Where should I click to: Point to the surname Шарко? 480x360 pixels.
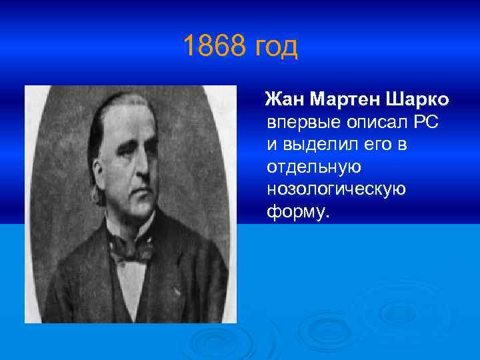pyautogui.click(x=417, y=99)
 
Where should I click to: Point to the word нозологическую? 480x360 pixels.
pyautogui.click(x=336, y=189)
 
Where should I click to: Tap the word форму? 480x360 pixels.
pyautogui.click(x=297, y=212)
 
